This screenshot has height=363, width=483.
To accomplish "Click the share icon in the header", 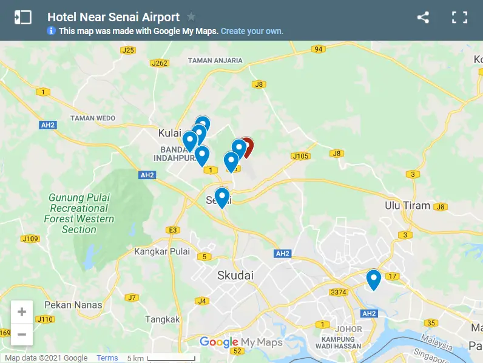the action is tap(423, 18).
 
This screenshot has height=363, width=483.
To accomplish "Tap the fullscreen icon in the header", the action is tap(459, 18).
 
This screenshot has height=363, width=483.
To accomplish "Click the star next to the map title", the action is tap(191, 17).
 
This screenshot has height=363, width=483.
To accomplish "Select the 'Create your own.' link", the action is tap(252, 31).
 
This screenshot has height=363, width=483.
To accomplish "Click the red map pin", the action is tap(247, 146).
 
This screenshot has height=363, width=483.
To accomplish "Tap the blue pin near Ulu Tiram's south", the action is tap(373, 279).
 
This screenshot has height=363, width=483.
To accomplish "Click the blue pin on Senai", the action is tap(222, 198).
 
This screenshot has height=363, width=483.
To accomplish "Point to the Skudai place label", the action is tap(235, 276).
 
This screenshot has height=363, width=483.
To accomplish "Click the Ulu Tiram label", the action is tap(407, 206).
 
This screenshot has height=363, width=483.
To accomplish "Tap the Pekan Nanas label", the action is tap(73, 305).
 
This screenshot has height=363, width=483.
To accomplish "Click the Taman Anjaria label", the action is tap(215, 60).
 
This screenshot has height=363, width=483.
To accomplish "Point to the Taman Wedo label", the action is tap(93, 118).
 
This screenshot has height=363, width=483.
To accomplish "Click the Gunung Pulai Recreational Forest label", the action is tap(79, 214).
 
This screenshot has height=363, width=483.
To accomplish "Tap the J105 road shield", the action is tap(300, 157).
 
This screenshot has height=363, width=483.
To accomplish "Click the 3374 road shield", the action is tap(338, 293).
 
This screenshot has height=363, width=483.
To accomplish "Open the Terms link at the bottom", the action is tap(107, 358).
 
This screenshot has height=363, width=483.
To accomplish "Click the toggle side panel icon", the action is tap(22, 18).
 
